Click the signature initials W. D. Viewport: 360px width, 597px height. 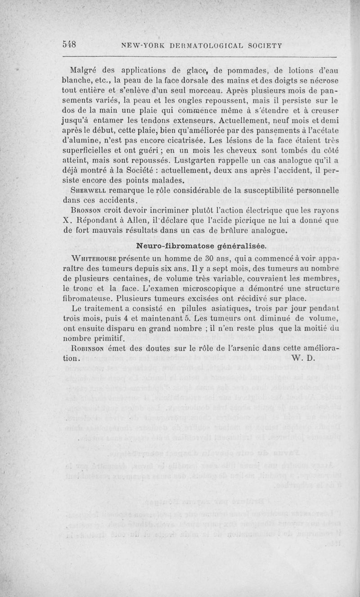[305, 359]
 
